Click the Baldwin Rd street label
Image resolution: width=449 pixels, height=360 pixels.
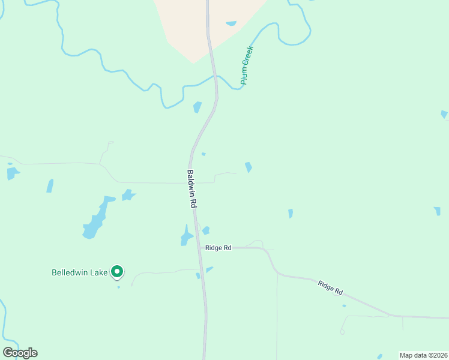pos(191,188)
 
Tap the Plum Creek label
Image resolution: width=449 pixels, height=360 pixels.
pos(247,65)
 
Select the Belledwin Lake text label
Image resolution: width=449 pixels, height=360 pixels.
pos(79,272)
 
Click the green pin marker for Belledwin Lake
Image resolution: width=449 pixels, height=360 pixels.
pos(118,272)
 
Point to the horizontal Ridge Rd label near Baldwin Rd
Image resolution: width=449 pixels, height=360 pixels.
pos(218,248)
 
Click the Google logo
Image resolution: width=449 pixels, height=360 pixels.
pos(20,353)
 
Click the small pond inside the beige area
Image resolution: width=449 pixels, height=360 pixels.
pos(231,24)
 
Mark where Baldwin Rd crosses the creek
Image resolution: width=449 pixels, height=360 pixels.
pos(215,78)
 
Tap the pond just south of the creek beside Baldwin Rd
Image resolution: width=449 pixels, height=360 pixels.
pos(197,107)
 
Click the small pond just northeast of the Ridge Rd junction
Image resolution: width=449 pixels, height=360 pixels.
pos(206,230)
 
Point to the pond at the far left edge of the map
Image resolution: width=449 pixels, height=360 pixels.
pos(11,173)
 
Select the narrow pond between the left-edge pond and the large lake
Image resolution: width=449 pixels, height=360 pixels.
pos(50,185)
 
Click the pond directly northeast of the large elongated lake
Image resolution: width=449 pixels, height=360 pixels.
pos(128,195)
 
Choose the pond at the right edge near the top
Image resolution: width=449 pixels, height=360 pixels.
pos(444,113)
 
